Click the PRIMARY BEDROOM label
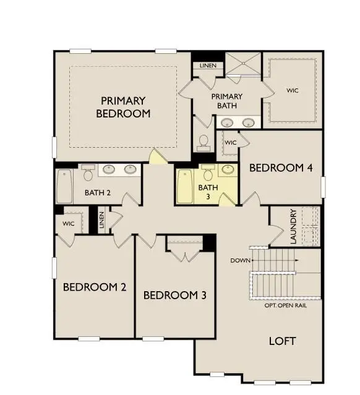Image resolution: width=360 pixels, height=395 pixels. coord(123,107)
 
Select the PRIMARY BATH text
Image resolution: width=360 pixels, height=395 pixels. coord(226,101)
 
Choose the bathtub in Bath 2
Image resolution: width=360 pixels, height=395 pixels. coord(64,186)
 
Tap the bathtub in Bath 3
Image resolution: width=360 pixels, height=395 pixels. coord(184,186)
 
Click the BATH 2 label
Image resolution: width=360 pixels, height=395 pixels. coord(98,193)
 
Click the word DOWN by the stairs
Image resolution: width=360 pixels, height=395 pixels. coord(240,260)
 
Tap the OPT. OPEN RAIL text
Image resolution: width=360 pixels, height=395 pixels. coord(285,305)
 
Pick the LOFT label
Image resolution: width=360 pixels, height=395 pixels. coord(282,341)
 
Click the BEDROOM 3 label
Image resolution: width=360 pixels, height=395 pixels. coord(174,295)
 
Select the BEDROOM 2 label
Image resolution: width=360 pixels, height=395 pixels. coord(95,287)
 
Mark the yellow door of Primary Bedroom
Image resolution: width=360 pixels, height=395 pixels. coord(158,156)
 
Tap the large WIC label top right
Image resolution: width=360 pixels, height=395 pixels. coord(292,90)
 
